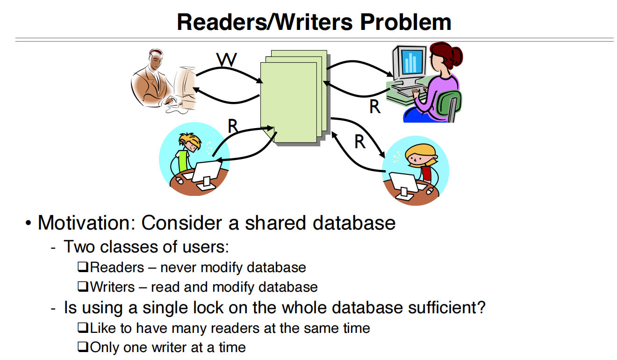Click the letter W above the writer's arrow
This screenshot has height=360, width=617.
pyautogui.click(x=226, y=59)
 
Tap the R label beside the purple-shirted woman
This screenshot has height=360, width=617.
pyautogui.click(x=374, y=107)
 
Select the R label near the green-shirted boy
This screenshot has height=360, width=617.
pyautogui.click(x=233, y=126)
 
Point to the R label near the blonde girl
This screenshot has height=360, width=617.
pyautogui.click(x=360, y=142)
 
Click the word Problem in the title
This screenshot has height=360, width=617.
pyautogui.click(x=405, y=22)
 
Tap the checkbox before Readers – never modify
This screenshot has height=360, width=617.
pyautogui.click(x=83, y=266)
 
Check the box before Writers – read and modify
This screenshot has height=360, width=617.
pyautogui.click(x=83, y=286)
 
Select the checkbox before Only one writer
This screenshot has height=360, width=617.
pyautogui.click(x=83, y=346)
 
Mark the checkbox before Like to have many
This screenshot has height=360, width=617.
pyautogui.click(x=83, y=327)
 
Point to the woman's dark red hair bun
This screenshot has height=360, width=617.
pyautogui.click(x=456, y=56)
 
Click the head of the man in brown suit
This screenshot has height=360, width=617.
pyautogui.click(x=156, y=59)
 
